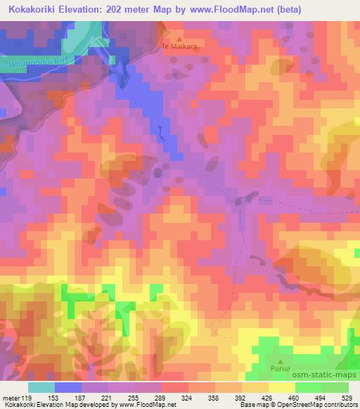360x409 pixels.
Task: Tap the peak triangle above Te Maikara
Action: (179, 39)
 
